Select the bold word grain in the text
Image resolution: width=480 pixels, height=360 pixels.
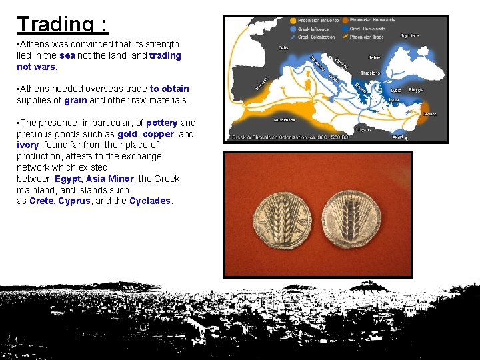pos(75,100)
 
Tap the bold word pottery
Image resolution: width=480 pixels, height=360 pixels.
pos(161,123)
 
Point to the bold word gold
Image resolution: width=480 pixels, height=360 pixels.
pos(127,134)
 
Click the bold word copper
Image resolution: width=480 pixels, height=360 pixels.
pos(158,134)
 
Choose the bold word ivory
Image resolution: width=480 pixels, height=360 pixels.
pos(29,145)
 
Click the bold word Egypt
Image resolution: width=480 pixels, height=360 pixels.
pos(69,179)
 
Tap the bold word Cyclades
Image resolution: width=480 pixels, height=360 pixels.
pos(150,201)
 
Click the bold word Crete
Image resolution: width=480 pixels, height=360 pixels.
pos(42,201)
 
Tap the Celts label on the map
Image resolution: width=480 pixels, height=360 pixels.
pos(283,47)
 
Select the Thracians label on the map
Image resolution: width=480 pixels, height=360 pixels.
pos(371,73)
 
